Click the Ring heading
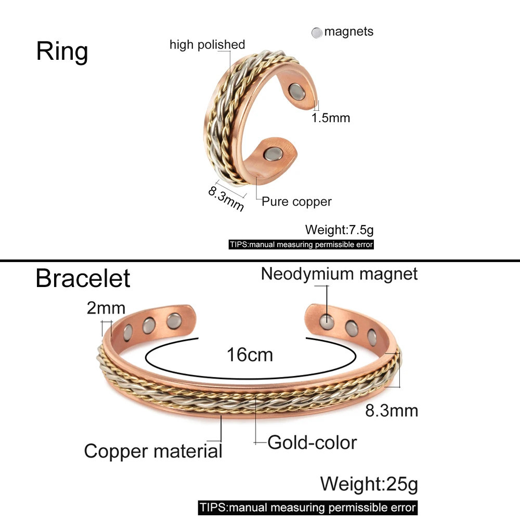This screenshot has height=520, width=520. coord(62,51)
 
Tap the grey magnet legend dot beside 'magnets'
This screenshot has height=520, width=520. coord(317,32)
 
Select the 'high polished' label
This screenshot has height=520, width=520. coord(207,44)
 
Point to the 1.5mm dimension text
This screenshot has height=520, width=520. coord(331,118)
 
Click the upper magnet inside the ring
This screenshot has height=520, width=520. coord(296,92)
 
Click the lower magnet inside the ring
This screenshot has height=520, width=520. coord(273,154)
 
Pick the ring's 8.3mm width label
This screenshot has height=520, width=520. coord(226,198)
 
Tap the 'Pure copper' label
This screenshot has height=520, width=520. coord(296,202)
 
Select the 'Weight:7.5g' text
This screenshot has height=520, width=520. coord(339,229)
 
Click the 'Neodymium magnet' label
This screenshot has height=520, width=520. coord(339,274)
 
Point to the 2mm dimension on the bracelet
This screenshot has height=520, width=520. coord(106,308)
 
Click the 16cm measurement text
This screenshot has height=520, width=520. coord(250,355)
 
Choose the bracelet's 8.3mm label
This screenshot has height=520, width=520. coord(392,411)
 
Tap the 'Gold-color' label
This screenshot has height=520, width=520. coord(312,443)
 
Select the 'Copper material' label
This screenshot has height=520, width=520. coord(153,451)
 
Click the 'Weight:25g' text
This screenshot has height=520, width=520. coord(369,484)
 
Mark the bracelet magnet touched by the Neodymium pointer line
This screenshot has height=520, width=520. coord(327,322)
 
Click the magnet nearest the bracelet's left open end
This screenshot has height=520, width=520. coord(174,321)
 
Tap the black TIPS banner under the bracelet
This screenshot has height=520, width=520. coord(308,508)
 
